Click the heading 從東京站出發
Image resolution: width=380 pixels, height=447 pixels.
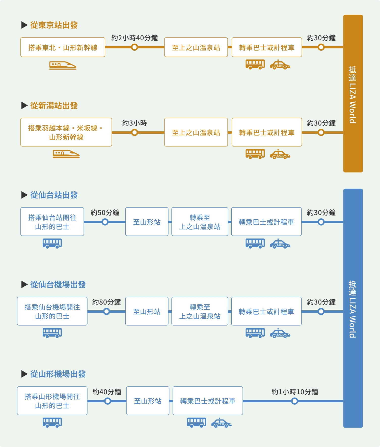54,25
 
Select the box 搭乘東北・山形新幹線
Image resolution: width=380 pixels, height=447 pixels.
63,47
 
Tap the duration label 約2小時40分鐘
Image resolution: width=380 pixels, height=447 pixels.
134,38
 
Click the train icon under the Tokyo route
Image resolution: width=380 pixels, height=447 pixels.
63,65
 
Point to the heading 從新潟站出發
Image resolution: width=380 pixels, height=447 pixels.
54,106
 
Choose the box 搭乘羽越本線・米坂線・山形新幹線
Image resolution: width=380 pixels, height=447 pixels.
66,132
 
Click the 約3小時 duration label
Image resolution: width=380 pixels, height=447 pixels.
134,123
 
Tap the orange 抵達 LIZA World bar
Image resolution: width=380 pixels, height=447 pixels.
353,94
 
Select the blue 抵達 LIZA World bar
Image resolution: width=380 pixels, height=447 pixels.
353,308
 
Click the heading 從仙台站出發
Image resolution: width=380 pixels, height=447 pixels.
54,195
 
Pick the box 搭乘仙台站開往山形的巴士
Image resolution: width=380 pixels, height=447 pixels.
52,222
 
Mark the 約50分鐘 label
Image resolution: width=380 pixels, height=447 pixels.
105,213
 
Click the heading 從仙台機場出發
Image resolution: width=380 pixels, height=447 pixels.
58,285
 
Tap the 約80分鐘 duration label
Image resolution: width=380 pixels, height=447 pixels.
106,302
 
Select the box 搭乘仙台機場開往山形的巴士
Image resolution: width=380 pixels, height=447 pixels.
52,311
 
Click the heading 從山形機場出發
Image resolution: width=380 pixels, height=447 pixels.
58,374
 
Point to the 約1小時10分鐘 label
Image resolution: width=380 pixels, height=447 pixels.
295,392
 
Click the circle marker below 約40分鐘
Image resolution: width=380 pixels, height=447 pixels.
107,401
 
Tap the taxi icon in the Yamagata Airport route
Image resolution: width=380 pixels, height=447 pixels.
221,423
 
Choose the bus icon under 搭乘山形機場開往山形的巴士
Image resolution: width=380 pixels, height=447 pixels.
52,422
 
